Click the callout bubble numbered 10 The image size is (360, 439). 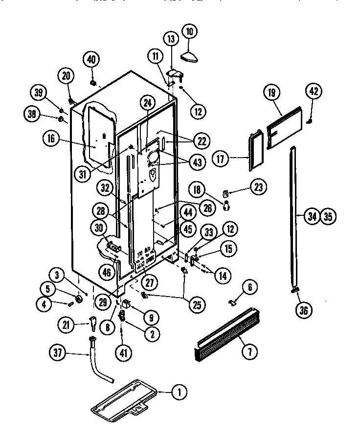[190, 32]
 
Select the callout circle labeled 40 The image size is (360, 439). [91, 60]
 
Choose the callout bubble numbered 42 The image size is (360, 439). [314, 91]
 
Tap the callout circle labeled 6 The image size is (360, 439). [249, 288]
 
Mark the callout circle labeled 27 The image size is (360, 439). [147, 282]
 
